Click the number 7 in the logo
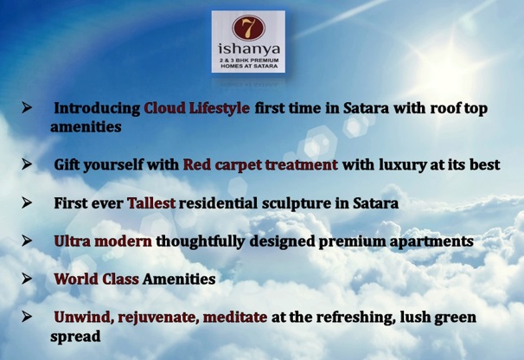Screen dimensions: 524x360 248,28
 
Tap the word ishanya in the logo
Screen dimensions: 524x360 249,49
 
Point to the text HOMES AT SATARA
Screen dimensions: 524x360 249,67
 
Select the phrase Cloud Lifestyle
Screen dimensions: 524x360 196,108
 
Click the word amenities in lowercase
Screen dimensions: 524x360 86,127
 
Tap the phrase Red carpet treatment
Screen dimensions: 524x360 260,165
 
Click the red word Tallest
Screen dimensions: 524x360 151,203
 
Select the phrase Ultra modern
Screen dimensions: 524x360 103,241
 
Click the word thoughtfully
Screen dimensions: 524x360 201,241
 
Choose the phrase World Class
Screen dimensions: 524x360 96,279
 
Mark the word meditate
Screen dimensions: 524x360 235,318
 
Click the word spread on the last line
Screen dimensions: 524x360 75,337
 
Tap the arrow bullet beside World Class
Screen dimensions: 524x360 27,279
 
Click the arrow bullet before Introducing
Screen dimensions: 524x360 27,107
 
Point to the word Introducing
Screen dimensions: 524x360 97,109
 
